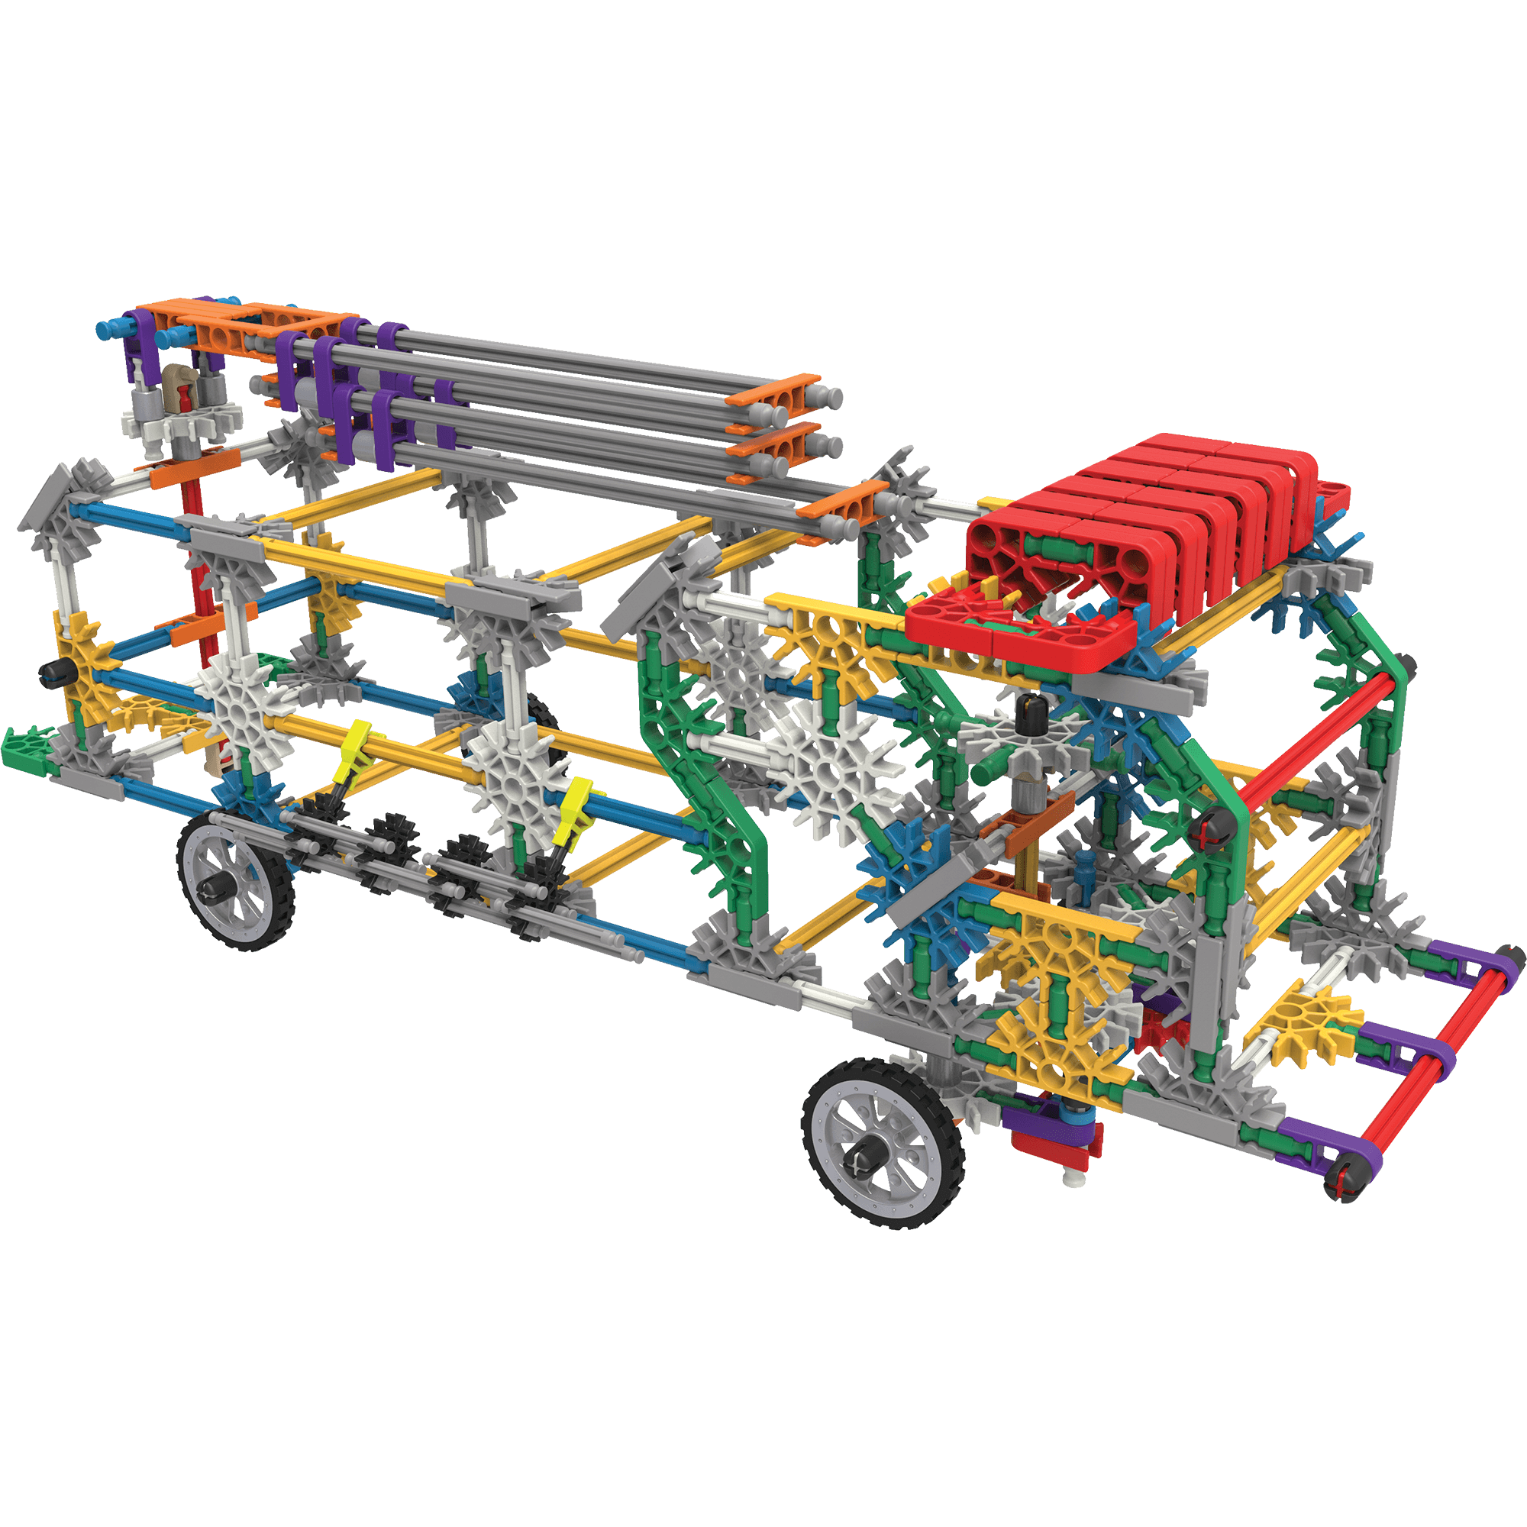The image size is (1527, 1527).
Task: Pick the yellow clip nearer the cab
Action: coord(575,809)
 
